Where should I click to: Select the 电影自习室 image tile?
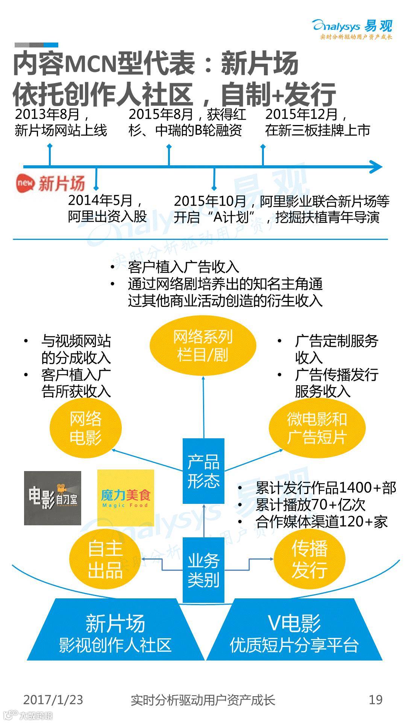[x=53, y=498]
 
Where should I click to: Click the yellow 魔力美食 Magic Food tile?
[x=126, y=498]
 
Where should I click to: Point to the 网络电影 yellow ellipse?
[x=86, y=428]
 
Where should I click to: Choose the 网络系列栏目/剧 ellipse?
[x=203, y=346]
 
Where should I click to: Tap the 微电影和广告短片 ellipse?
[x=317, y=428]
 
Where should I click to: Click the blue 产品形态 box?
[x=203, y=471]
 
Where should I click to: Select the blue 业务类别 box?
[x=203, y=570]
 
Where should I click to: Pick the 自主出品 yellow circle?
[x=105, y=559]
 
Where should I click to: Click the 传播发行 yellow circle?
[x=309, y=559]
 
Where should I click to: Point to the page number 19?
[x=376, y=700]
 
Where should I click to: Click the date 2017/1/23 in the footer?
[x=53, y=700]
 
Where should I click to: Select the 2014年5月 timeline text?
[x=107, y=208]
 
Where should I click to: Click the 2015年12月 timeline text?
[x=318, y=122]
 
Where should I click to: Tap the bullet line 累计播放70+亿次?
[x=311, y=505]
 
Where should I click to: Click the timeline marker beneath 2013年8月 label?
[x=50, y=154]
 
